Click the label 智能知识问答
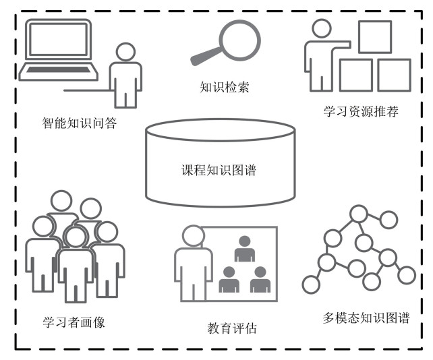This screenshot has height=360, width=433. coord(80,123)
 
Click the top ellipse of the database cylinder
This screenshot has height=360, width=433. coord(221,130)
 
